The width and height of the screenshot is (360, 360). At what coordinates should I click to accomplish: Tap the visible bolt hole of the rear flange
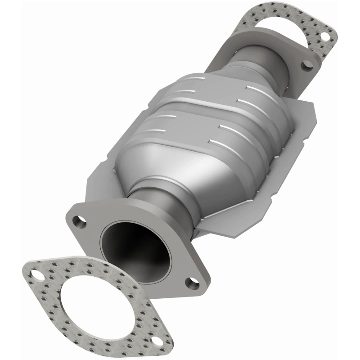tap(307, 64)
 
